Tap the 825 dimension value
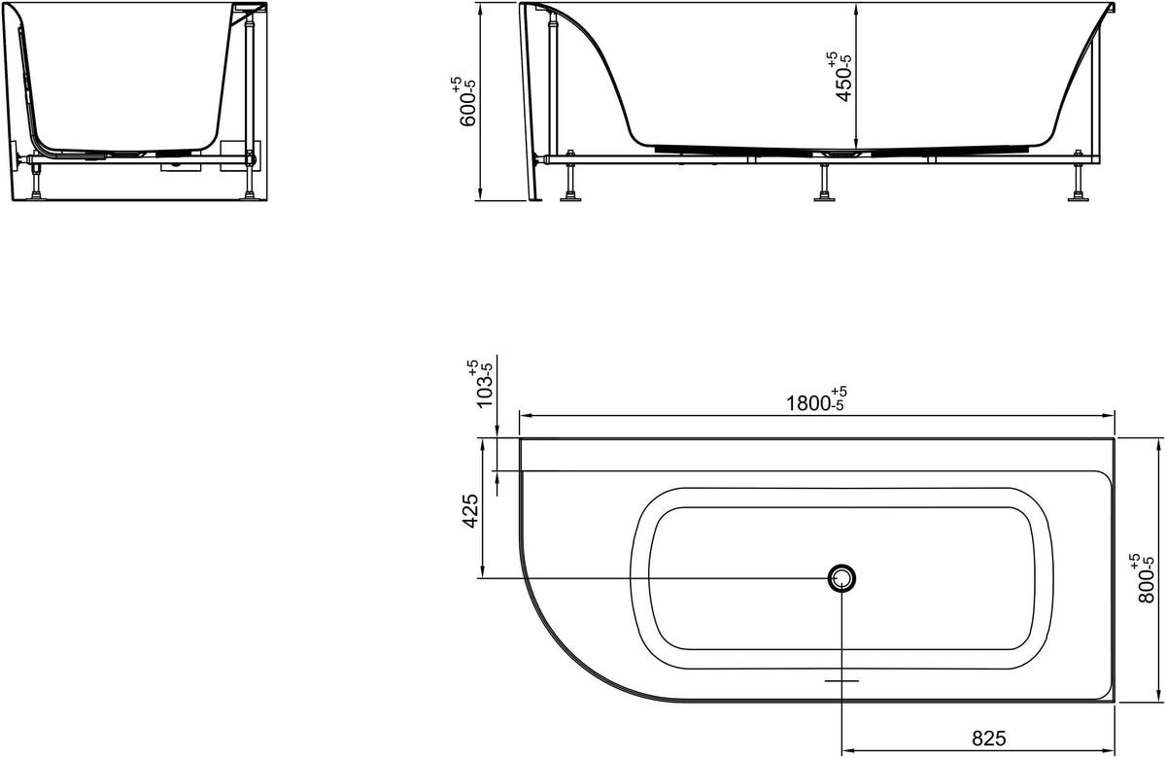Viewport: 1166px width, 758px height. pos(988,739)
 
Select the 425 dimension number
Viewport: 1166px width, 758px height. pos(470,511)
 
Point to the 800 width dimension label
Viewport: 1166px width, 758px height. pos(1146,577)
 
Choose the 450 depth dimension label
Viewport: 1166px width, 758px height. pos(840,77)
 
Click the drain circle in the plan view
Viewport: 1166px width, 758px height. pos(841,578)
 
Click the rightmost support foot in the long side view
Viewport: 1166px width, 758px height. pos(1078,176)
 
